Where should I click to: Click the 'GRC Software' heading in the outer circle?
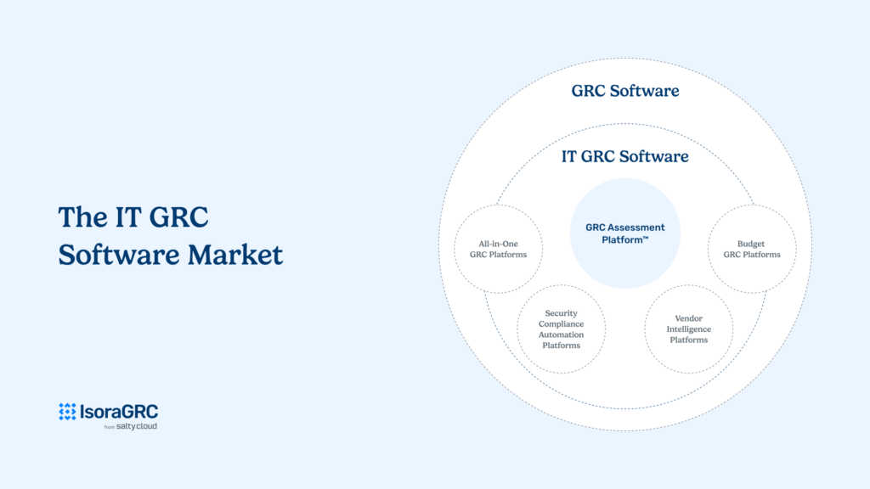624,91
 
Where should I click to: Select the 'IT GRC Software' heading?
624,156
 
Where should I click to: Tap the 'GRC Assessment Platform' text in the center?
624,233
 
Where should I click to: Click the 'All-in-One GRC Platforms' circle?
497,250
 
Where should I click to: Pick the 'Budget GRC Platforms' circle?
752,250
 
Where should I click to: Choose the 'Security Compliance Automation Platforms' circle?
561,329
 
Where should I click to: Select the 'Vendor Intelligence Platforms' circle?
688,329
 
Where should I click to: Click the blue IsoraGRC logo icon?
67,412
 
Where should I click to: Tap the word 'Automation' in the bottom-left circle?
561,334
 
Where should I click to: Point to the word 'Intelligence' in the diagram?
688,329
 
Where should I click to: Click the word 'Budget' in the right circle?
752,244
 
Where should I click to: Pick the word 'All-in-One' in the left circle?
497,244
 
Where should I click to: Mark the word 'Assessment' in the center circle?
638,228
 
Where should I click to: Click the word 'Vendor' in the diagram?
688,318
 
